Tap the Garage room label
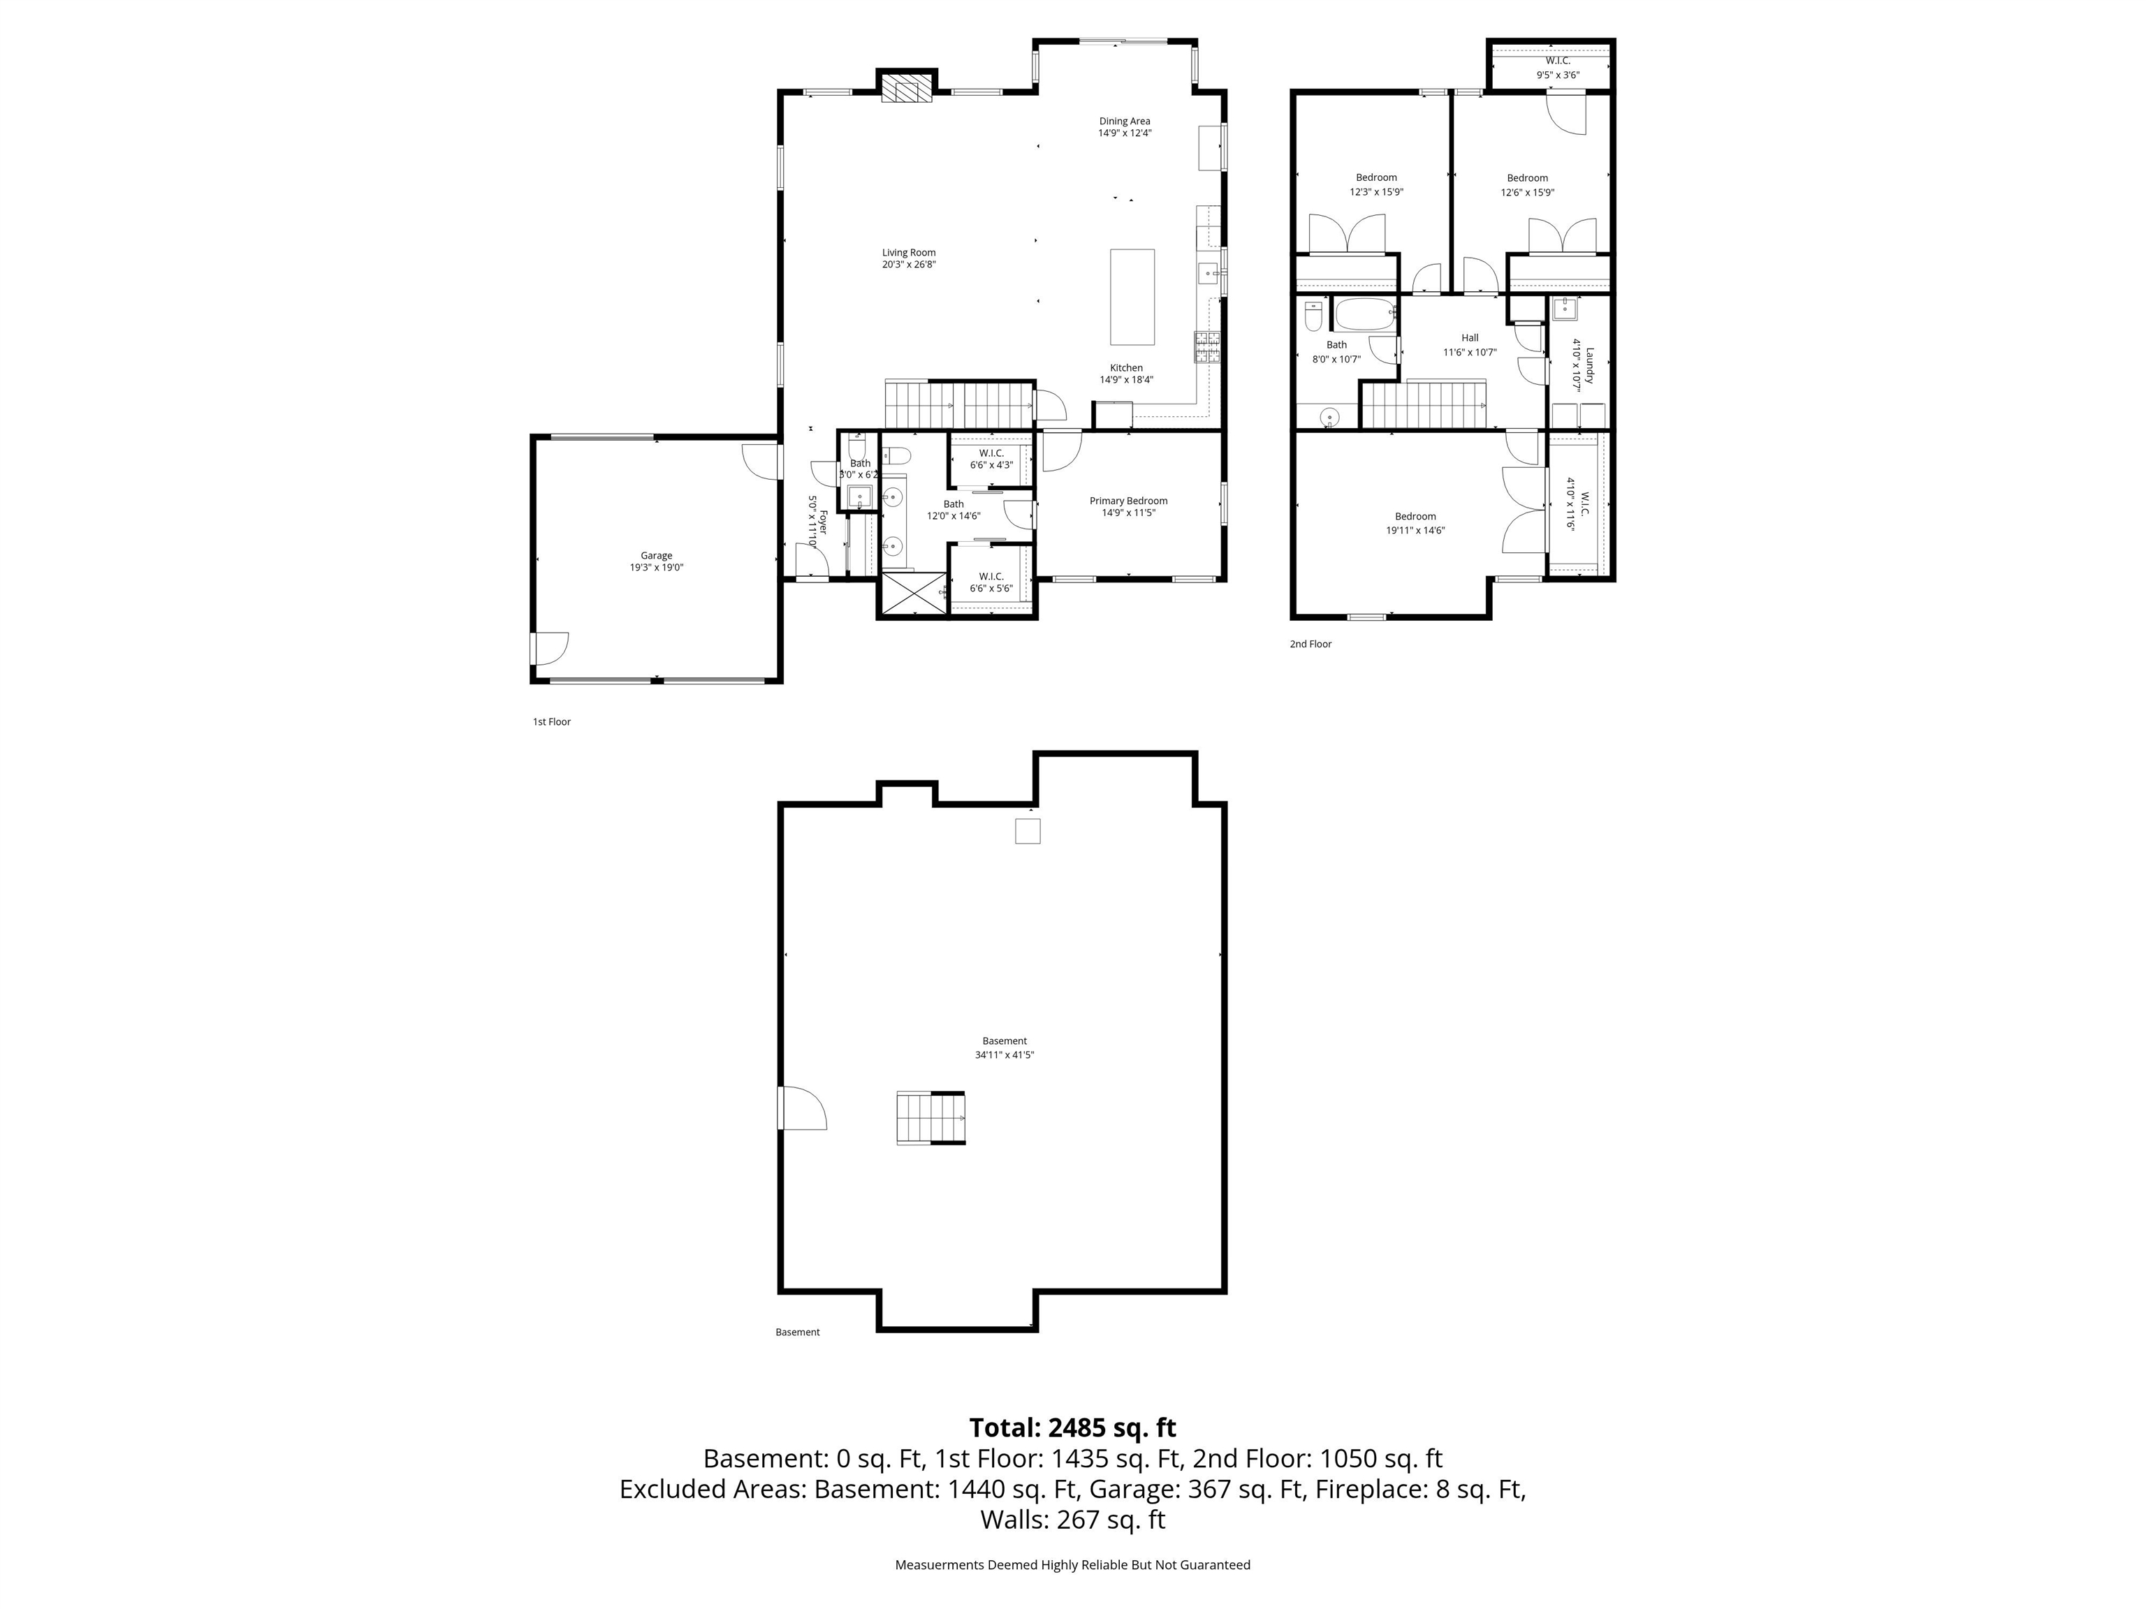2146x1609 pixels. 656,556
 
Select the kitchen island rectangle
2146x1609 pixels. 1132,297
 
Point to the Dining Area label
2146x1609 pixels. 1125,122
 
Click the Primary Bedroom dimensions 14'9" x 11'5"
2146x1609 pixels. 1128,513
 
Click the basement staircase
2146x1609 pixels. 930,1117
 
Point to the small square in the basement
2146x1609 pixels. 1028,831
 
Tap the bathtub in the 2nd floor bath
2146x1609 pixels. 1364,314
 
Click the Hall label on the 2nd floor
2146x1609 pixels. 1470,337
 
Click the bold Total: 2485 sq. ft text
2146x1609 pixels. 1072,1427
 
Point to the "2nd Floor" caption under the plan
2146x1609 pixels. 1310,644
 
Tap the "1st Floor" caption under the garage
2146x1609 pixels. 551,721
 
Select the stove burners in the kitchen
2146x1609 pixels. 1207,347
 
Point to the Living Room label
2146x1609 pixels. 908,252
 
